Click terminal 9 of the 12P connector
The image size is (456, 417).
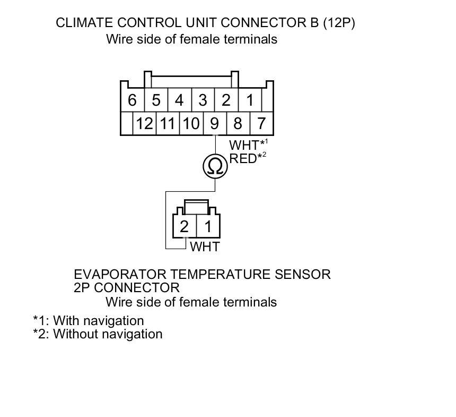click(x=214, y=124)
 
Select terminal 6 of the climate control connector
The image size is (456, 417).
click(x=132, y=100)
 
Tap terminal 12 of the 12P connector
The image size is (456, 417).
click(x=144, y=124)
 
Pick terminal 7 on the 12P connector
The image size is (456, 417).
click(x=261, y=124)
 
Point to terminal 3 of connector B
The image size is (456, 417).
click(x=203, y=100)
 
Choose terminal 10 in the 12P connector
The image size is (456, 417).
click(x=191, y=124)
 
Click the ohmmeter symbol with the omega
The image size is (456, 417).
click(x=215, y=167)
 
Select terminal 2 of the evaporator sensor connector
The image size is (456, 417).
click(x=184, y=227)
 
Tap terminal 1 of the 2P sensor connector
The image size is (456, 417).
click(x=208, y=227)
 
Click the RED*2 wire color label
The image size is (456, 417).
click(x=244, y=158)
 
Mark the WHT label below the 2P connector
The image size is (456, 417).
click(x=204, y=246)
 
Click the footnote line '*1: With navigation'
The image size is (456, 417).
click(x=89, y=321)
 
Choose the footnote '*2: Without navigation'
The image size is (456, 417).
click(x=98, y=334)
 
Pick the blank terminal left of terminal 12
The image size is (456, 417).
click(x=126, y=124)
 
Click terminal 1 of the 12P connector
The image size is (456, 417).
click(x=249, y=100)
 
